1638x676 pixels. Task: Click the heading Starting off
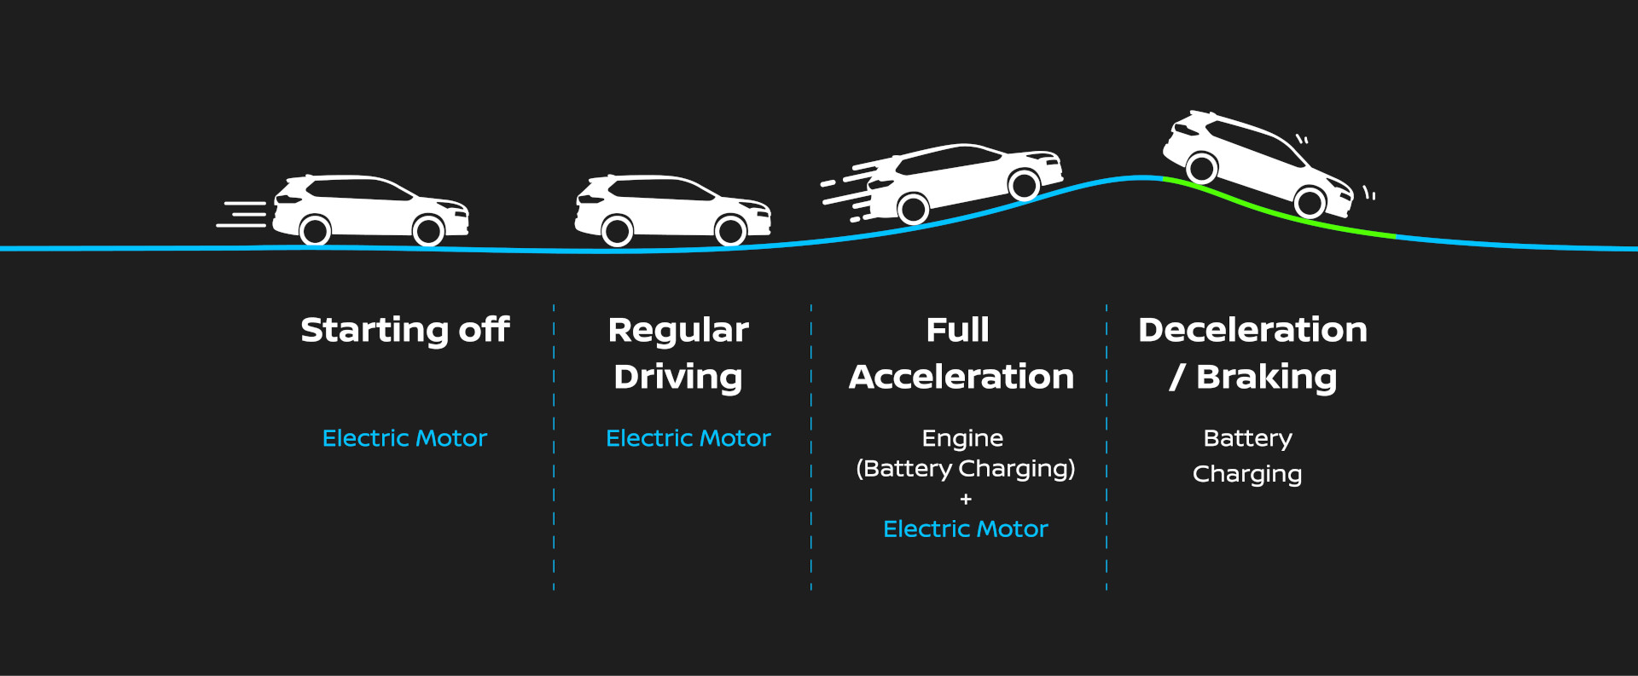[x=404, y=330]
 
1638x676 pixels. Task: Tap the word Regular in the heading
[x=678, y=330]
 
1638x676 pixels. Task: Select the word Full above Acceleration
[x=957, y=330]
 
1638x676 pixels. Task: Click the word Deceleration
[x=1252, y=330]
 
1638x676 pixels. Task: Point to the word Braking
[x=1266, y=377]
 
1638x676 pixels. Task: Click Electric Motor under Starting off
[x=404, y=438]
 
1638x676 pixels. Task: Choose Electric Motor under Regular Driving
[x=688, y=438]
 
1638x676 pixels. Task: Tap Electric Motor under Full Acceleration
[x=965, y=529]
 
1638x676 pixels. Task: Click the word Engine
[x=962, y=438]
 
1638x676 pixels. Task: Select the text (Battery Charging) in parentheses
[x=965, y=469]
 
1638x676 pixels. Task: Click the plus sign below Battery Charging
[x=966, y=500]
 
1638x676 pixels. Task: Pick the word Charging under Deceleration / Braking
[x=1246, y=474]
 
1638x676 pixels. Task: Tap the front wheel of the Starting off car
[x=428, y=230]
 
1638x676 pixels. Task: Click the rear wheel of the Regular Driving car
[x=617, y=230]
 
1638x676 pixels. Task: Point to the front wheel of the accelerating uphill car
[x=1023, y=184]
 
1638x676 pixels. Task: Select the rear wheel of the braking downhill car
[x=1202, y=168]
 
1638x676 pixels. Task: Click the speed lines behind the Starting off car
[x=242, y=214]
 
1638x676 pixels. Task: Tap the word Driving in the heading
[x=678, y=377]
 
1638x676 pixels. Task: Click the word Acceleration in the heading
[x=961, y=377]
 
